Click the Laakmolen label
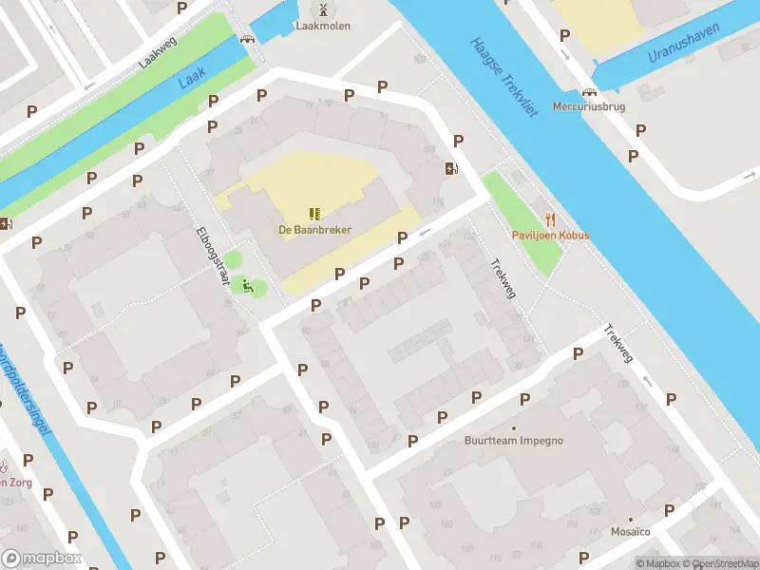[323, 26]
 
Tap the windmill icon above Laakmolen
[323, 9]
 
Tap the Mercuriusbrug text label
[588, 107]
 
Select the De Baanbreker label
[314, 230]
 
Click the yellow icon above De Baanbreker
[314, 215]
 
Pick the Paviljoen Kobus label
[550, 236]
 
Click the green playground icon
[247, 285]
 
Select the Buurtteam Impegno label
[513, 441]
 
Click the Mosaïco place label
[631, 532]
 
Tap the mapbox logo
[42, 559]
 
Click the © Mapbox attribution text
[660, 563]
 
